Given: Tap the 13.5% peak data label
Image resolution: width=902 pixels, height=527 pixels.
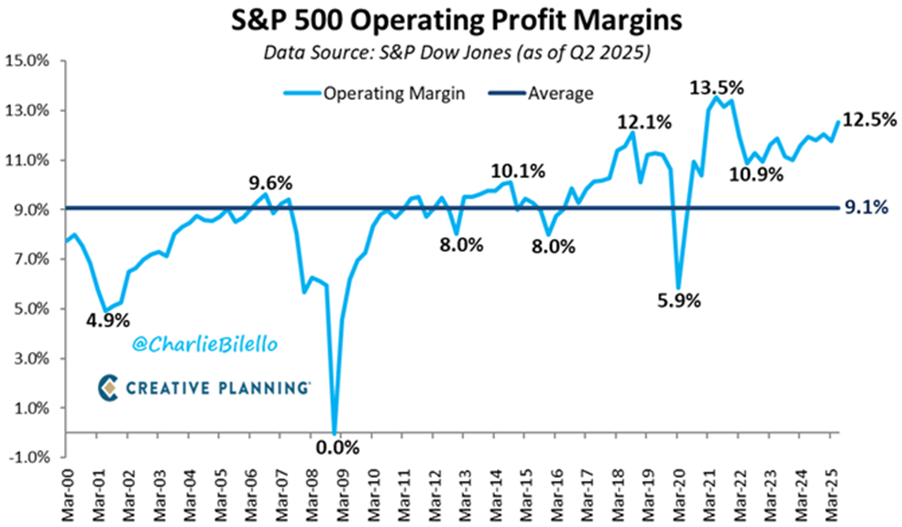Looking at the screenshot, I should tap(717, 88).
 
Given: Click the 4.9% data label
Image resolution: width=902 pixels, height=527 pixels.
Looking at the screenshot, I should tap(109, 321).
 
